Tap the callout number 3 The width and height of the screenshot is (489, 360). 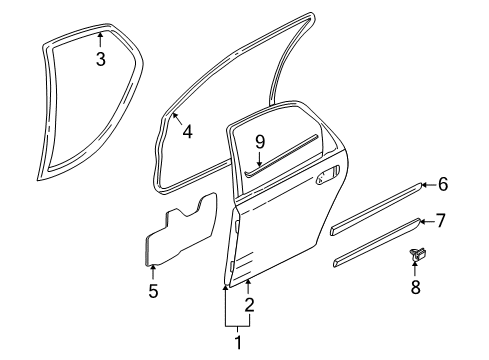tap(99, 60)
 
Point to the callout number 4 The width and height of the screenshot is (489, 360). tap(187, 130)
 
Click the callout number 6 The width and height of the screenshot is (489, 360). tap(443, 184)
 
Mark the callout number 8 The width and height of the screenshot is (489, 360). tap(415, 287)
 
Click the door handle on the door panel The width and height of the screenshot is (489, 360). tap(326, 179)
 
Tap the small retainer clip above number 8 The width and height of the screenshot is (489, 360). tap(414, 256)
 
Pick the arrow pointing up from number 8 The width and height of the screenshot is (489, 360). tap(415, 268)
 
